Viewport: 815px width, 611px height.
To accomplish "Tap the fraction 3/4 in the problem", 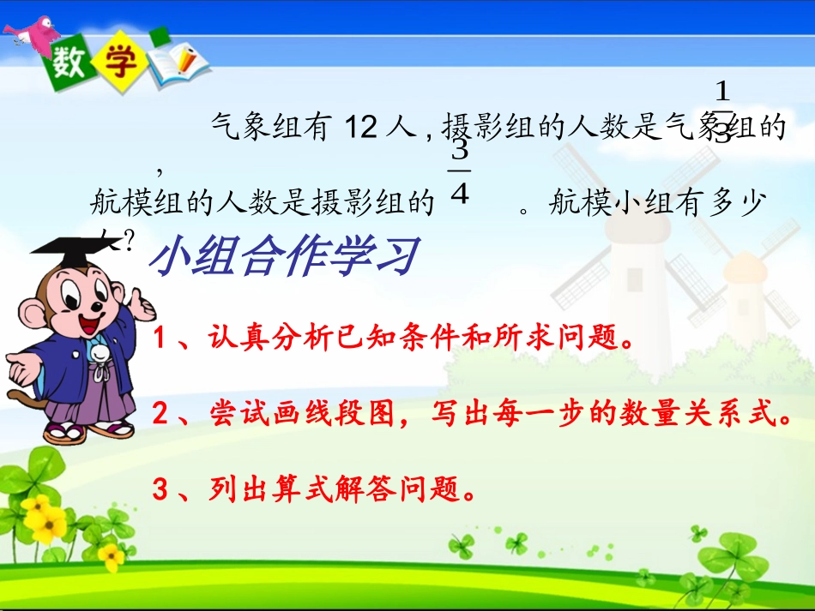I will [x=460, y=173].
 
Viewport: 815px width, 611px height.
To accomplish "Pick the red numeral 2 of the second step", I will [x=160, y=416].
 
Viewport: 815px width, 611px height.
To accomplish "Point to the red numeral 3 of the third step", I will [x=160, y=491].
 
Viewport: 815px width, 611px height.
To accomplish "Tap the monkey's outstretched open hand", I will [x=24, y=366].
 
